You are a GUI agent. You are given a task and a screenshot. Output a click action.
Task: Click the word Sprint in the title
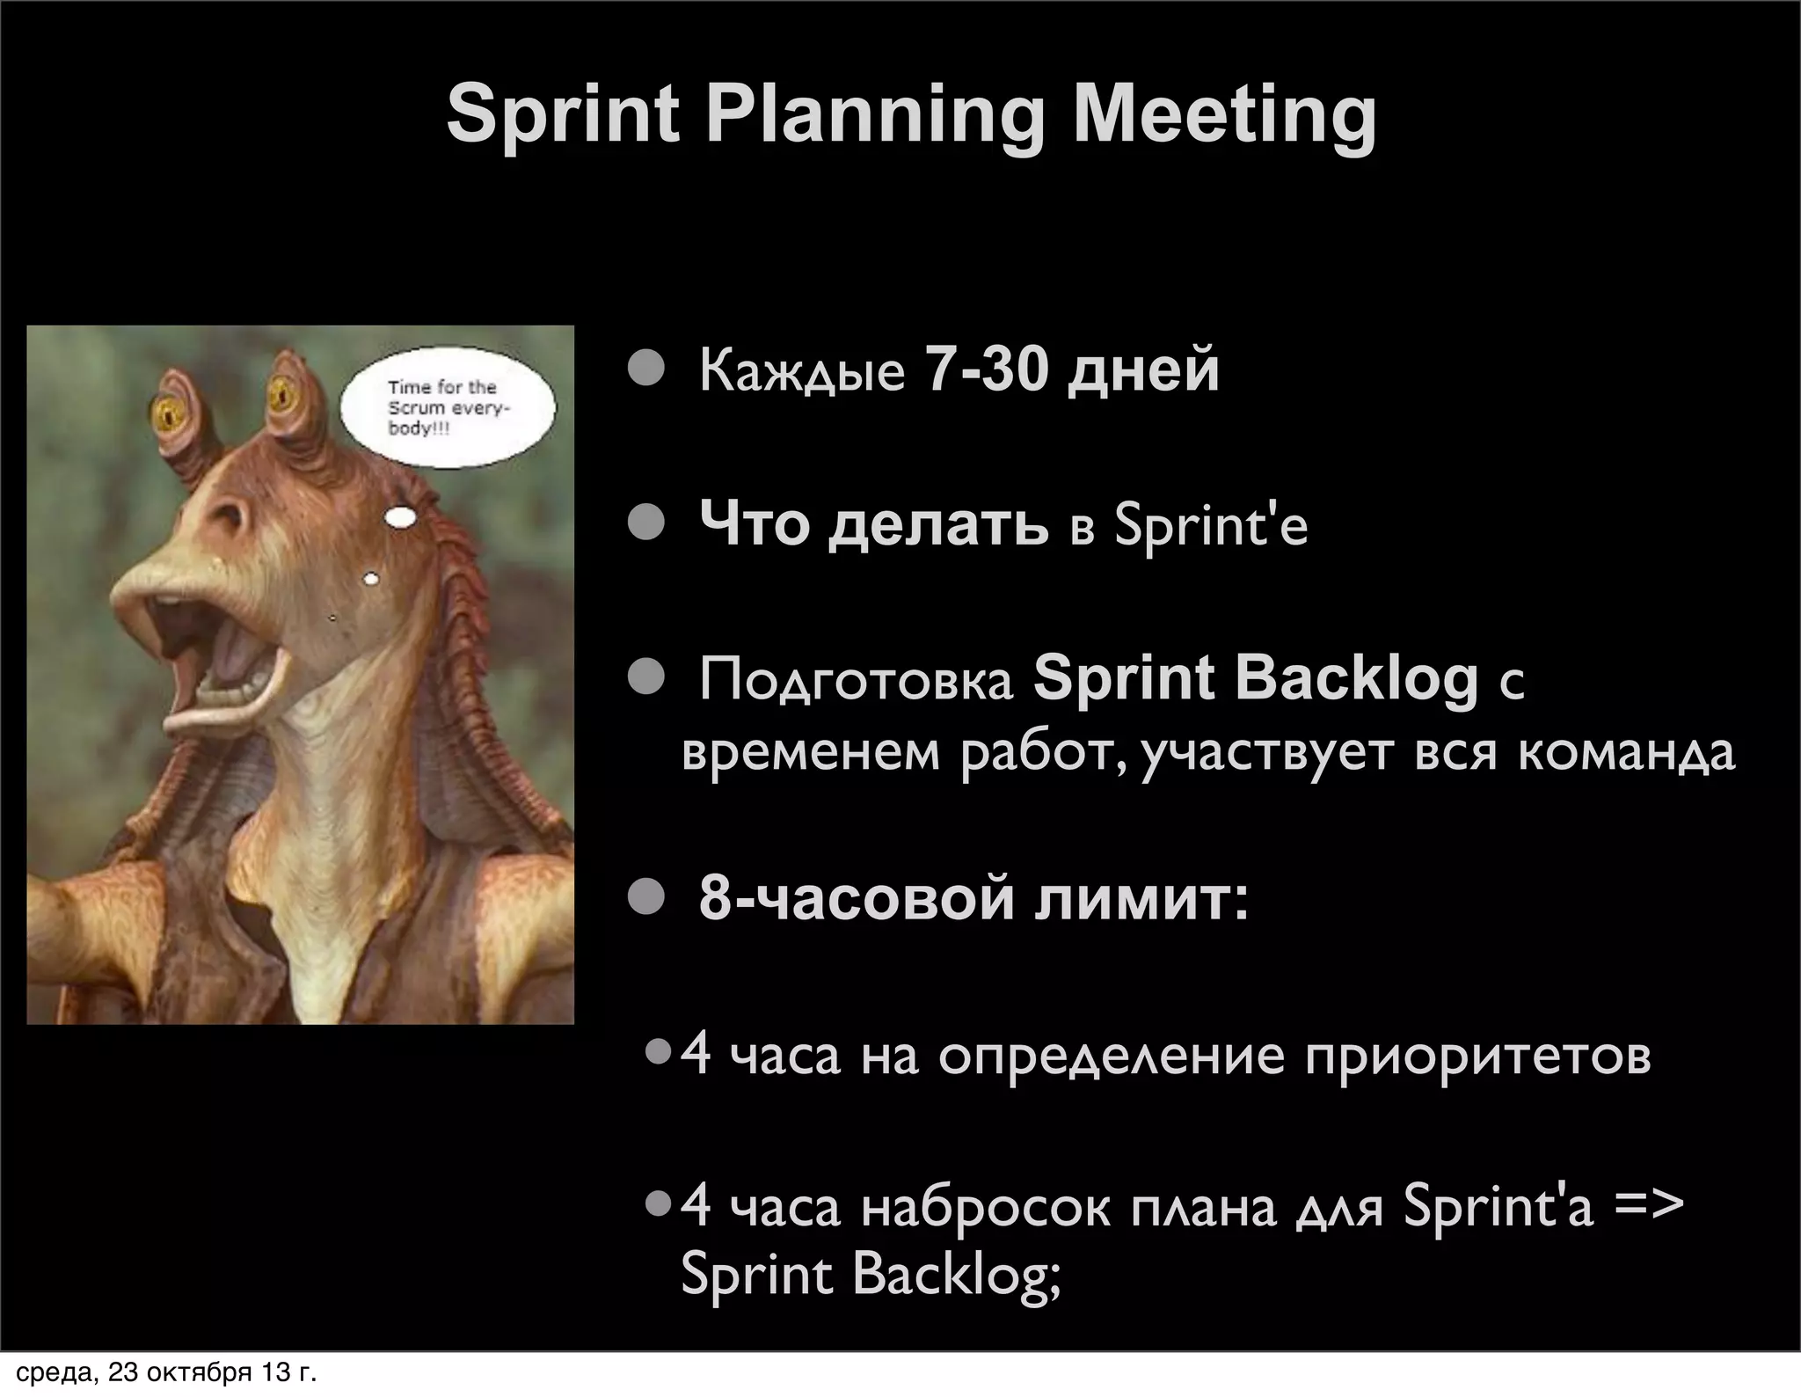(563, 115)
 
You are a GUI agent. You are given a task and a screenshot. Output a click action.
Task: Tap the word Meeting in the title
(1223, 115)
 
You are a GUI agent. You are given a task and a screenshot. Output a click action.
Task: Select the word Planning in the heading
(875, 115)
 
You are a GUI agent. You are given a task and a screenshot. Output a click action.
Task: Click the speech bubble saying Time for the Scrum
(447, 408)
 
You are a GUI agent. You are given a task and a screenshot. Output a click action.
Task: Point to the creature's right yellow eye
(282, 396)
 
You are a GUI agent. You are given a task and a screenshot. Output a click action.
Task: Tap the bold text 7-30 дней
(1072, 369)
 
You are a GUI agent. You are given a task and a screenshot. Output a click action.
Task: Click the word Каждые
(801, 371)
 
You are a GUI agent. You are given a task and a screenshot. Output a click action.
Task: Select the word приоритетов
(1477, 1057)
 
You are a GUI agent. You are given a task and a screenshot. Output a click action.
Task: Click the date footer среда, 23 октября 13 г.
(166, 1372)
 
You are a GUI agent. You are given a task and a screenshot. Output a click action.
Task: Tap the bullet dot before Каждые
(646, 369)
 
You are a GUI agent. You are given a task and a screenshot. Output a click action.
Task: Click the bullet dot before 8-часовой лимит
(646, 898)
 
